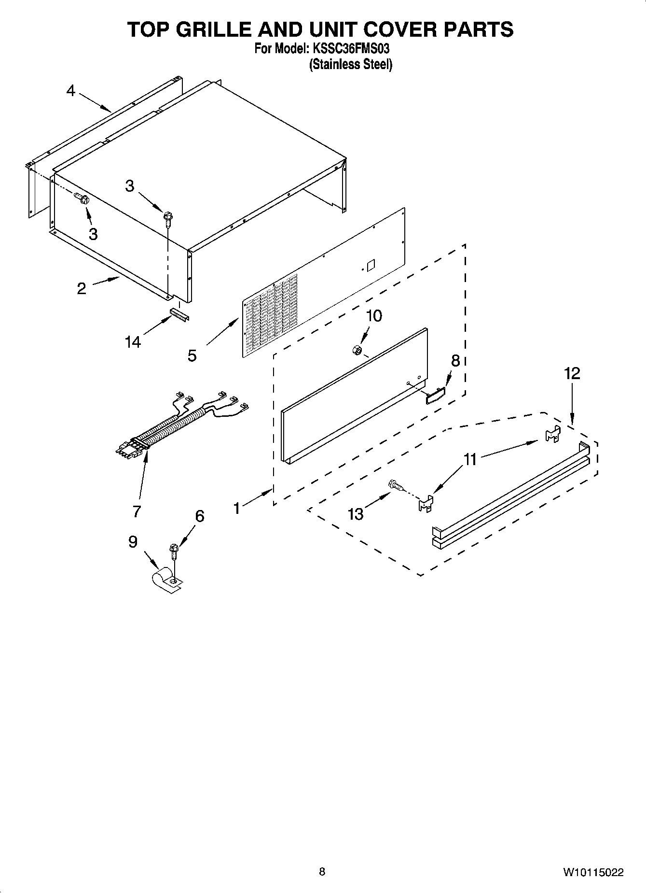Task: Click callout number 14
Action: (x=132, y=342)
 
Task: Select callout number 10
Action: (x=374, y=316)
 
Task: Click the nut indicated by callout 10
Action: (x=358, y=350)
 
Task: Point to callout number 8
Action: (x=455, y=360)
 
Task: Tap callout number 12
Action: (x=572, y=373)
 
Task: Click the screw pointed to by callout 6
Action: (x=174, y=550)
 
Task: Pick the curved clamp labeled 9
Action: (x=166, y=580)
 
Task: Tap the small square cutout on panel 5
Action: (x=371, y=266)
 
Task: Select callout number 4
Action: (x=71, y=90)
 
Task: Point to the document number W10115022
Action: (x=592, y=872)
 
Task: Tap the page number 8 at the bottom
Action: (x=322, y=872)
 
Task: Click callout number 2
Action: (x=81, y=288)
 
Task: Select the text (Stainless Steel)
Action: (x=350, y=64)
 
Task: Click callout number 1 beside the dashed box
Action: (x=236, y=508)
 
